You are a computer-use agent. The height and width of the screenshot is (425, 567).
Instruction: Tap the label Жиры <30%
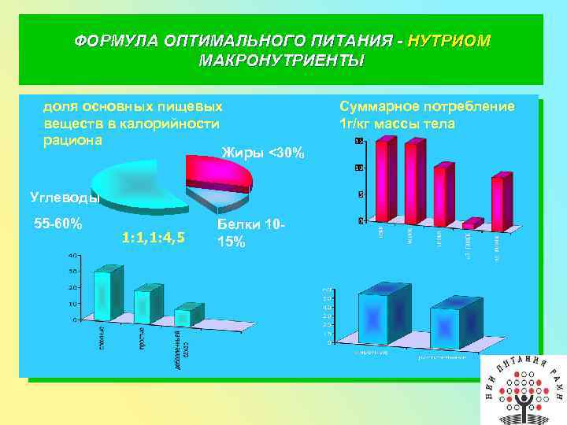click(x=262, y=152)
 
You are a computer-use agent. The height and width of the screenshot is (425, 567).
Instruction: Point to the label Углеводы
click(x=63, y=197)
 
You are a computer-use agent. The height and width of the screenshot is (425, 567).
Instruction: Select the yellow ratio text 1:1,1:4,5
click(x=154, y=238)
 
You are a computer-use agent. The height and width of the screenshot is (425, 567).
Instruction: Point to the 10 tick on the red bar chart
click(x=358, y=168)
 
